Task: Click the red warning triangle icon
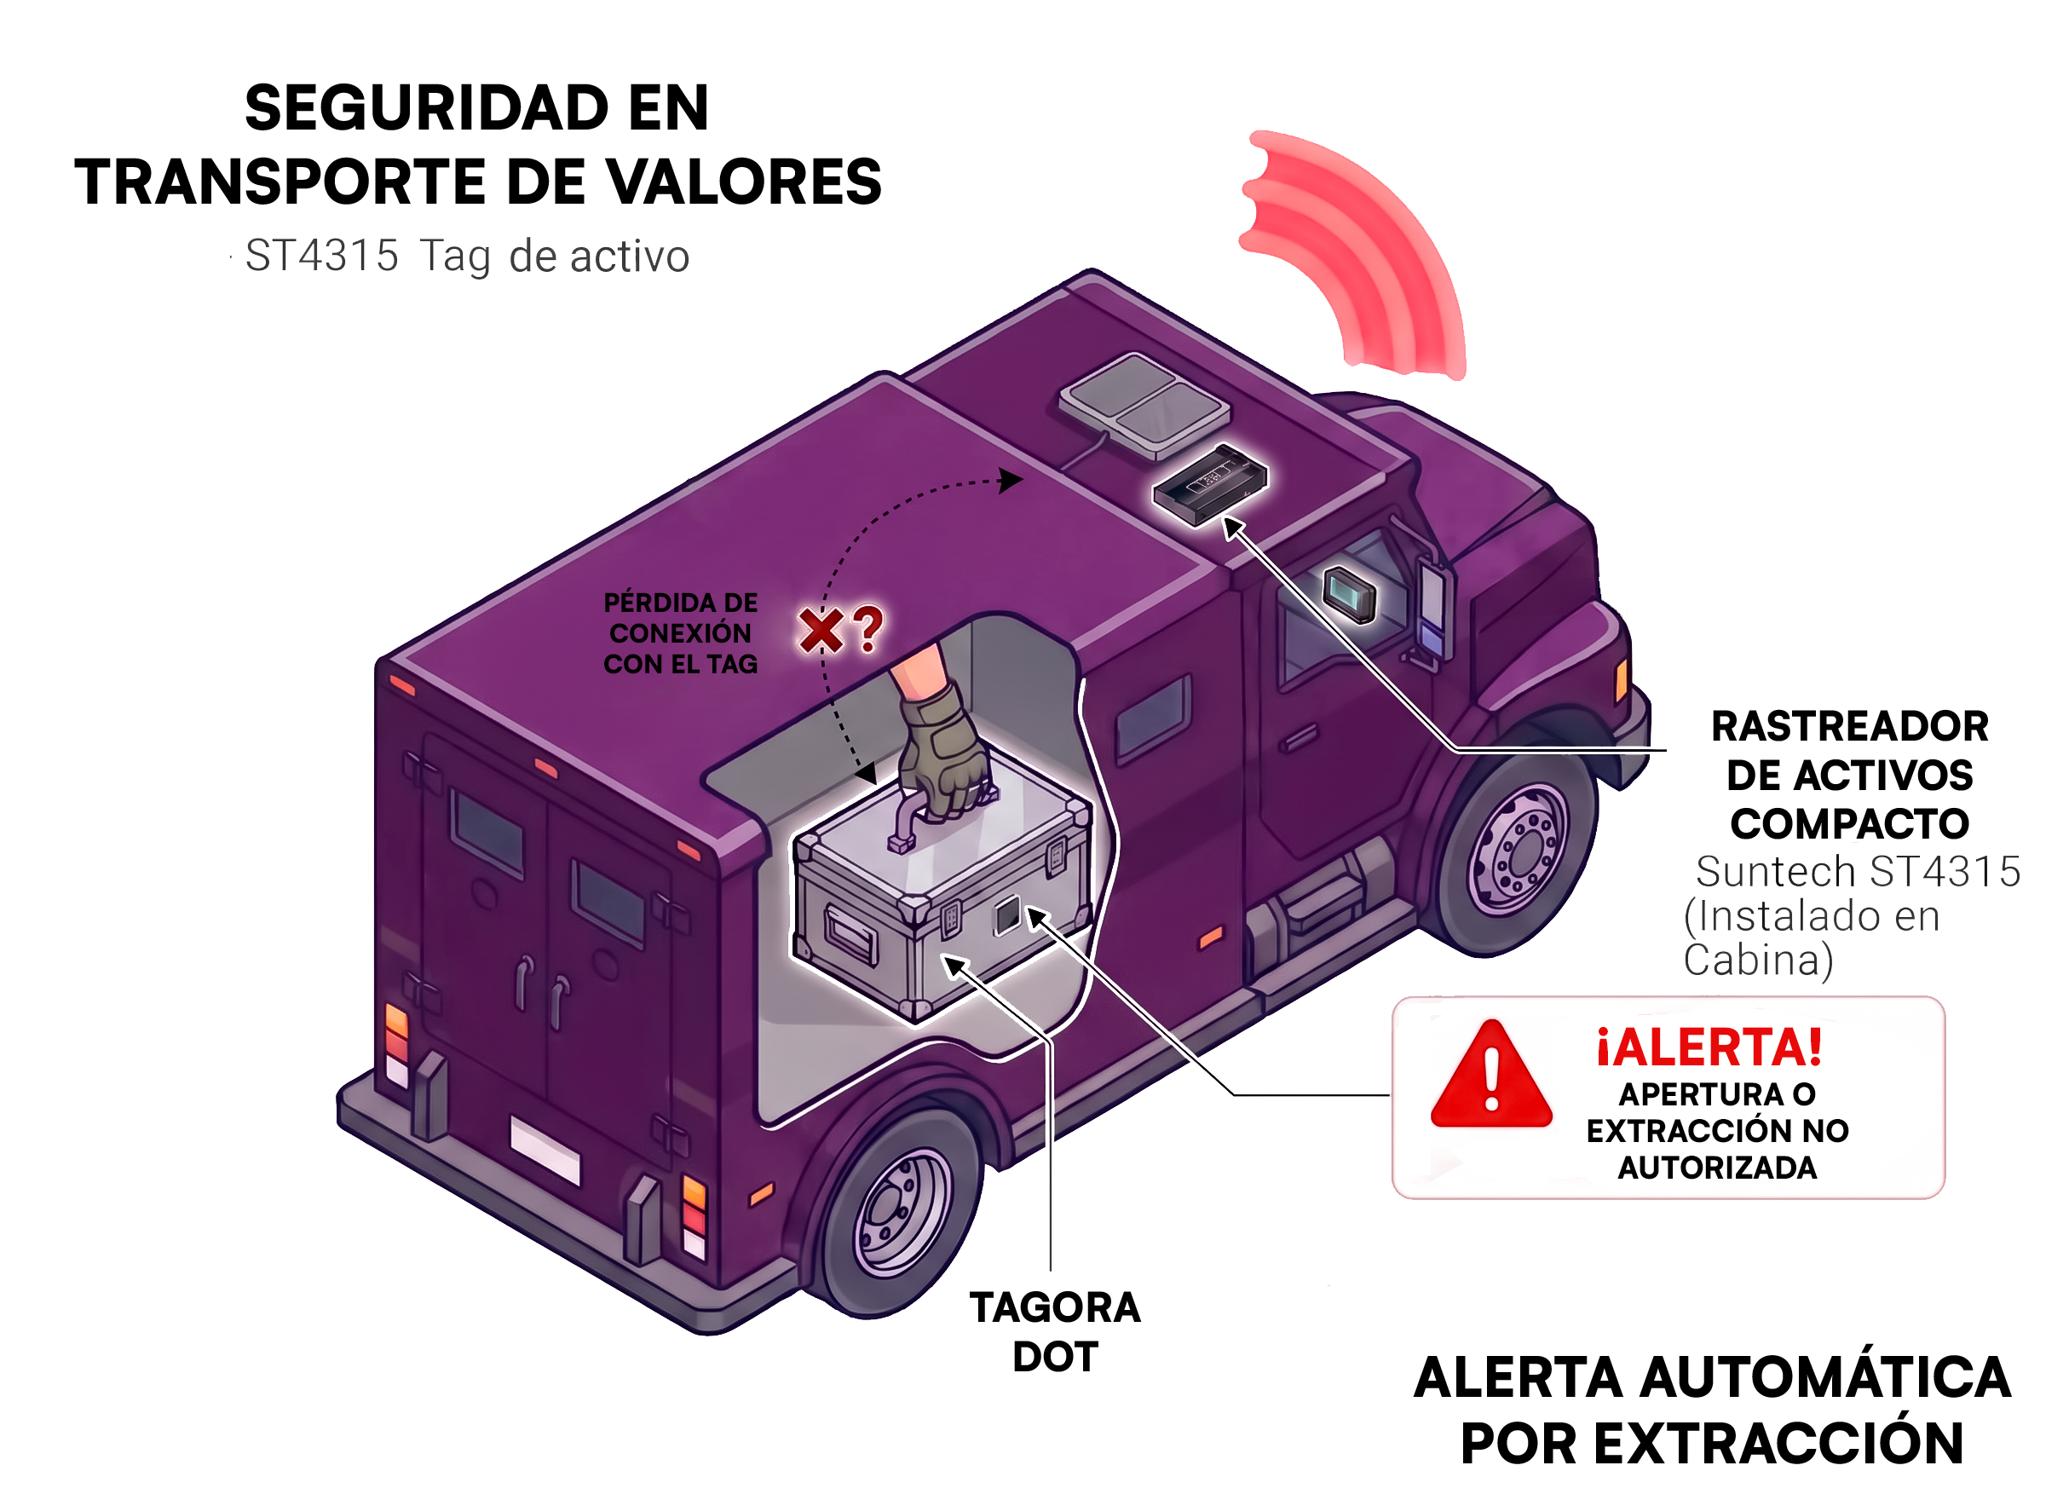coord(1490,1076)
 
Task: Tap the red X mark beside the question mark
coord(820,631)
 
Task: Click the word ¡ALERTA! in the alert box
coord(1709,1047)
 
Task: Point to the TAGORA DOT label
coord(1055,1332)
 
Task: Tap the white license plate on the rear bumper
coord(545,1149)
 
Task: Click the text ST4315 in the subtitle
coord(322,256)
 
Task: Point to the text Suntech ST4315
coord(1858,871)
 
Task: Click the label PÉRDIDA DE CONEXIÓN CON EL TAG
coord(681,633)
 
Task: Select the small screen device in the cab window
coord(1350,594)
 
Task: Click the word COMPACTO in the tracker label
coord(1849,824)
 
